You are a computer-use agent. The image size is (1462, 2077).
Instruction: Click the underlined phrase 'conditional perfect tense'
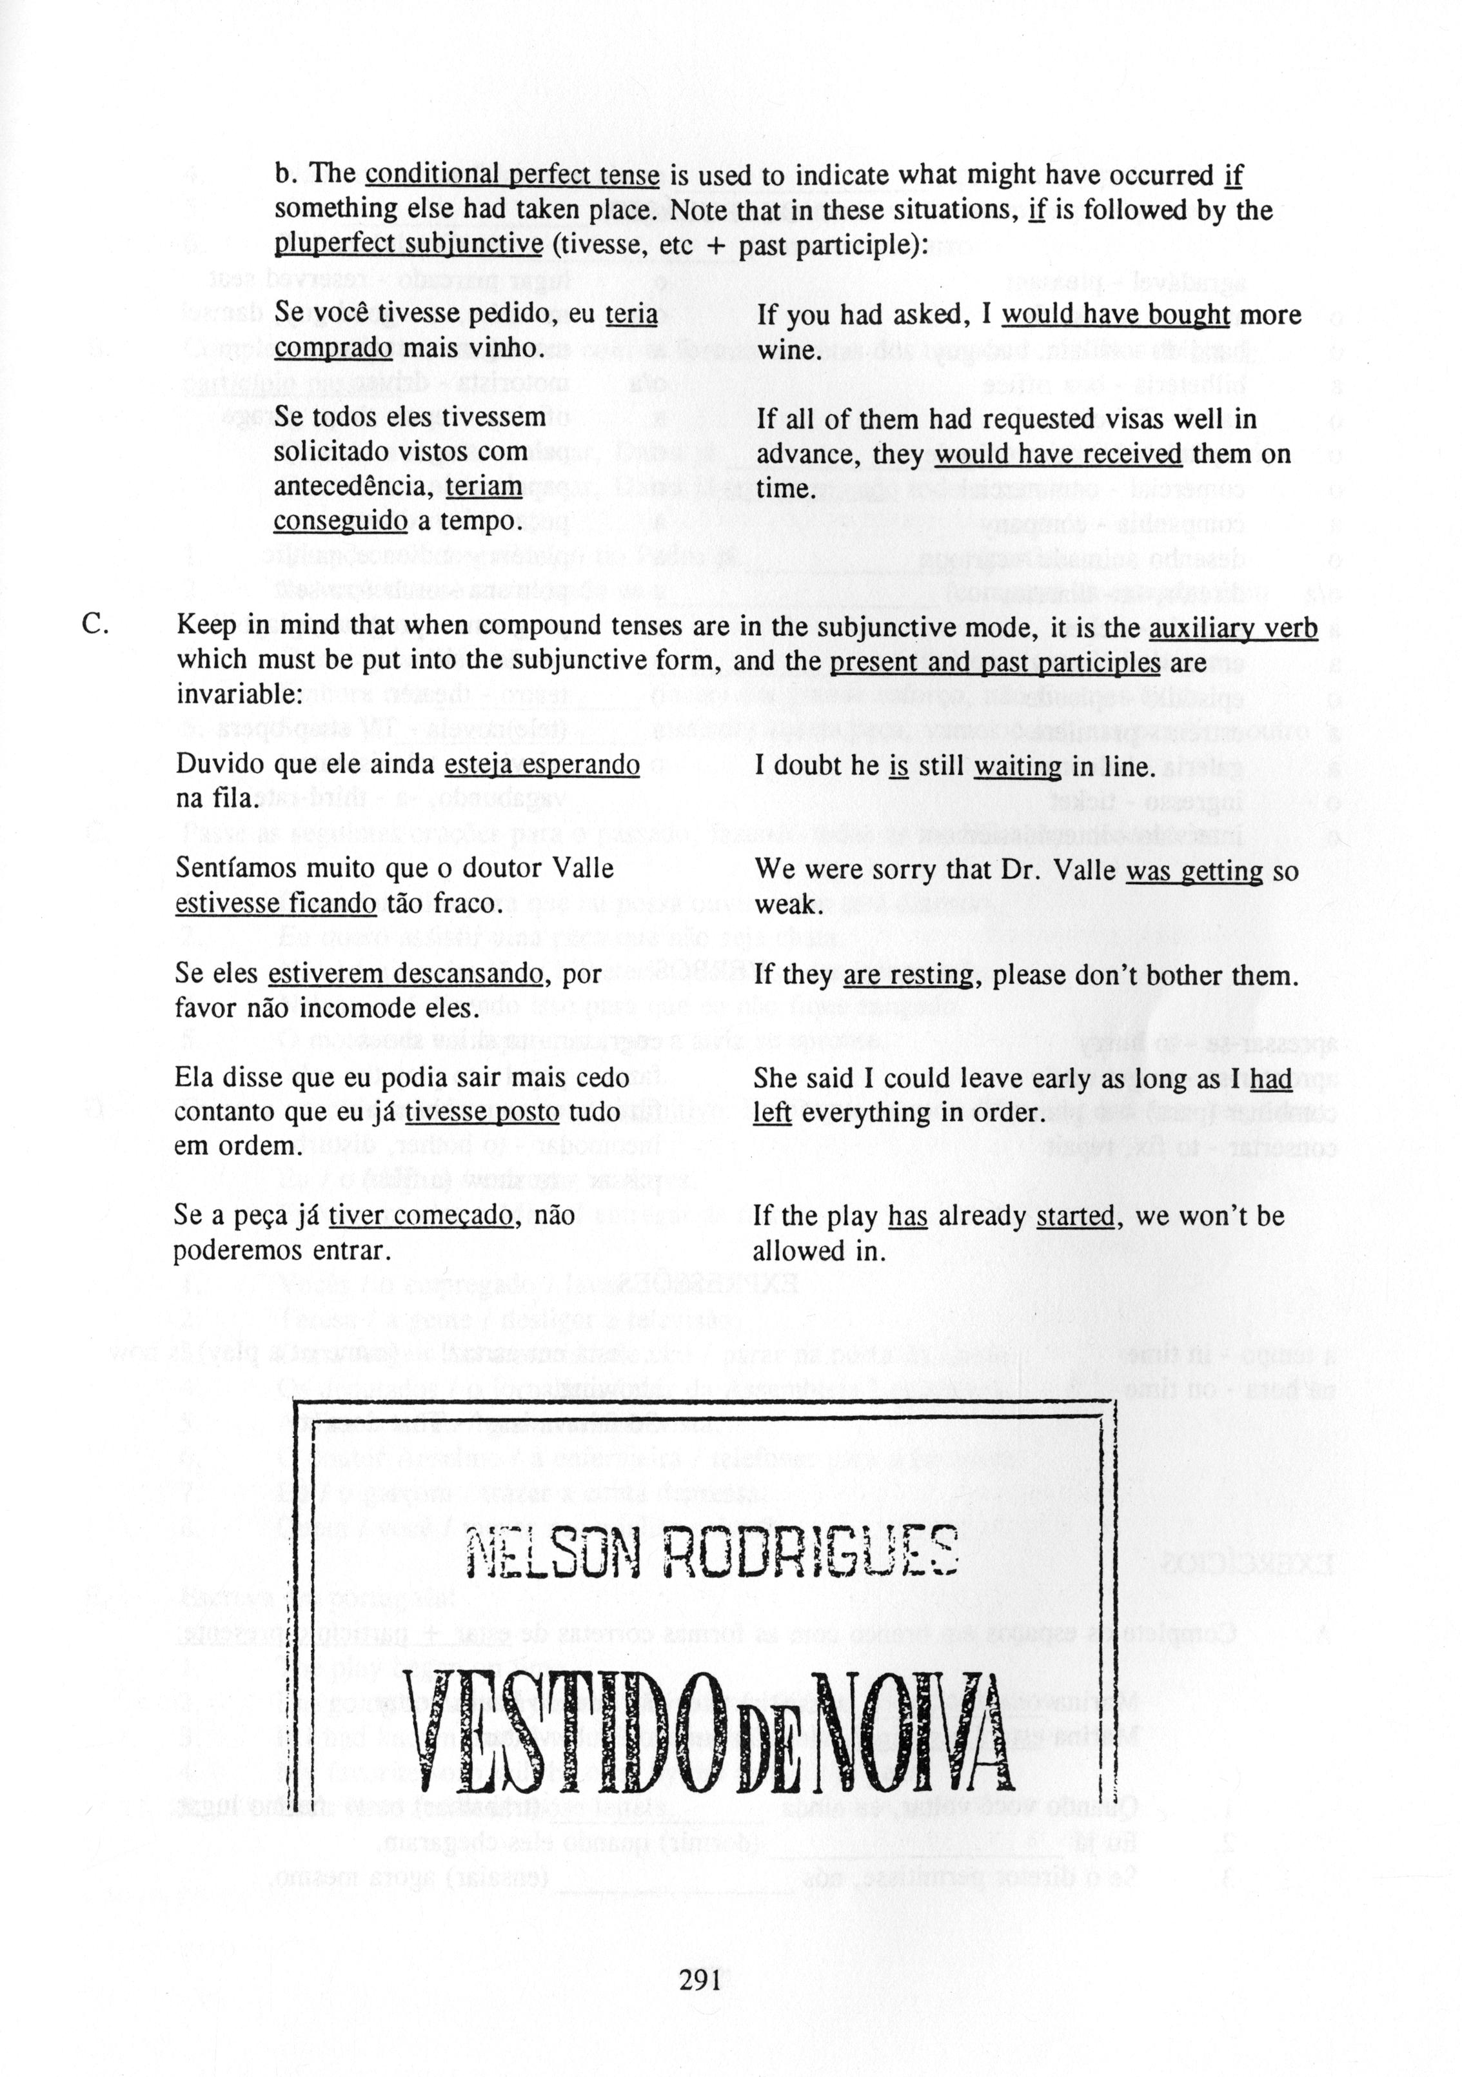pyautogui.click(x=512, y=175)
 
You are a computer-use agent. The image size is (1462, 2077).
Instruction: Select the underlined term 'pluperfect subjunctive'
pyautogui.click(x=408, y=245)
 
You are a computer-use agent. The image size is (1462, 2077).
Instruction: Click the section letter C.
pyautogui.click(x=97, y=625)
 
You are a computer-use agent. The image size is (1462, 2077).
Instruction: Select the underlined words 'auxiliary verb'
pyautogui.click(x=1232, y=627)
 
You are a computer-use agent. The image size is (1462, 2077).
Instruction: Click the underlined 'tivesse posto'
pyautogui.click(x=481, y=1113)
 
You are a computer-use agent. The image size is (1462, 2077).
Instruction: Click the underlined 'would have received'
pyautogui.click(x=1058, y=454)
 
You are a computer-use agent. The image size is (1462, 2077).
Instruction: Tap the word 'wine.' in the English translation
pyautogui.click(x=787, y=350)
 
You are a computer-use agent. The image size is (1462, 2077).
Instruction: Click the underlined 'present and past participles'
pyautogui.click(x=994, y=662)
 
